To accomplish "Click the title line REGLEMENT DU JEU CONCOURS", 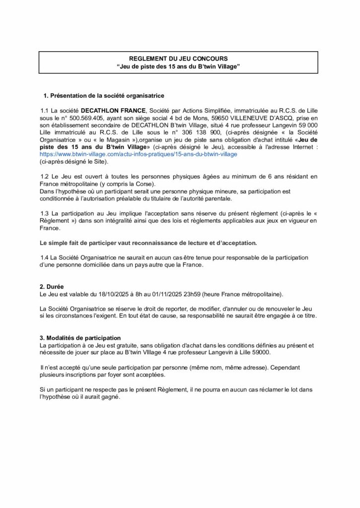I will [178, 59].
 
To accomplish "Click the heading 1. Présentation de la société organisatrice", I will [104, 95].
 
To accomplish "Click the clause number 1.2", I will [44, 177].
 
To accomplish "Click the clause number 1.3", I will [44, 213].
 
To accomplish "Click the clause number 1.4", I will [44, 257].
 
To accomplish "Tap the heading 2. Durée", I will [52, 287].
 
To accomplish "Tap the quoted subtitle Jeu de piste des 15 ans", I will [178, 66].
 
